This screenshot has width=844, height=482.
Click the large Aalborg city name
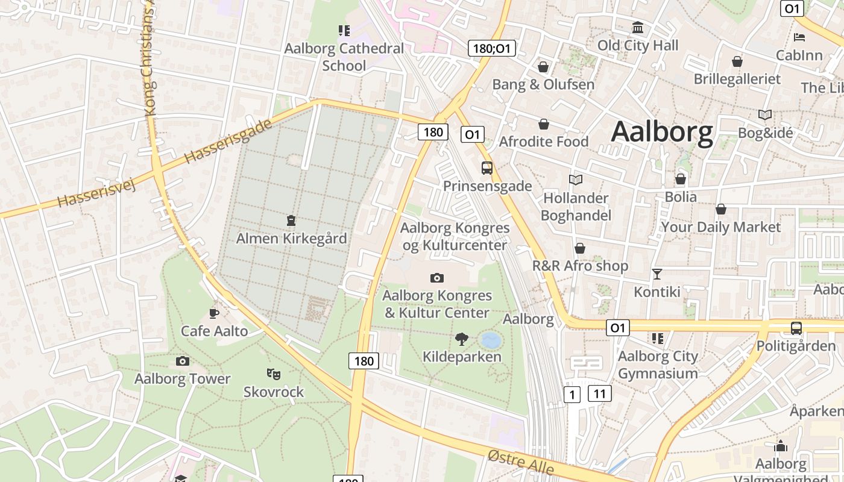point(662,132)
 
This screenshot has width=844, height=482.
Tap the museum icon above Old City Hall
point(637,28)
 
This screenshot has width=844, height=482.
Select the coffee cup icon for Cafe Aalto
point(213,313)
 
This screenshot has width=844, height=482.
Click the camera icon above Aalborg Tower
point(182,361)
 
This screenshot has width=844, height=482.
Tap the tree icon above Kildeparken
point(462,339)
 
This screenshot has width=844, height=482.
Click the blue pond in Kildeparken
point(491,340)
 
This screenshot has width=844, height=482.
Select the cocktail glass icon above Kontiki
point(657,274)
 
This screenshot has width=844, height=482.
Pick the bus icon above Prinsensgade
point(487,168)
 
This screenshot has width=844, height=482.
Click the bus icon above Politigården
point(796,328)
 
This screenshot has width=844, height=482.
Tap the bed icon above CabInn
point(799,37)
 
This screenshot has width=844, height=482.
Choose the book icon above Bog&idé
point(764,114)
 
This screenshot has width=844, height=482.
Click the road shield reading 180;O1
point(492,48)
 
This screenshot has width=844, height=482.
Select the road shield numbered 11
point(599,394)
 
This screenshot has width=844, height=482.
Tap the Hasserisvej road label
point(96,192)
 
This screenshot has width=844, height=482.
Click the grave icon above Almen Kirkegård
point(291,221)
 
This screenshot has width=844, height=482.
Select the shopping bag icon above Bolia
point(680,179)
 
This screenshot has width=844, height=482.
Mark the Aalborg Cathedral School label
point(344,57)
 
